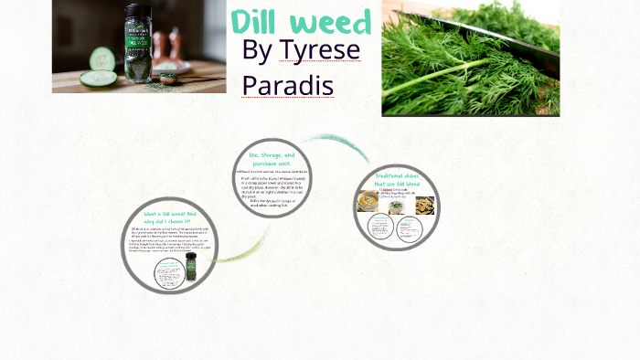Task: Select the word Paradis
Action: point(287,85)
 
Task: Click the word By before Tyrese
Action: point(257,51)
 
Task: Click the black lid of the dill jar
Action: point(138,16)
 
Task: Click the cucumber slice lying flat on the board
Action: point(98,79)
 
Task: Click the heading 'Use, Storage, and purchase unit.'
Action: point(272,160)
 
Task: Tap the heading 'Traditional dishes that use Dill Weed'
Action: point(397,180)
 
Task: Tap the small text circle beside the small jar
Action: point(168,273)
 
